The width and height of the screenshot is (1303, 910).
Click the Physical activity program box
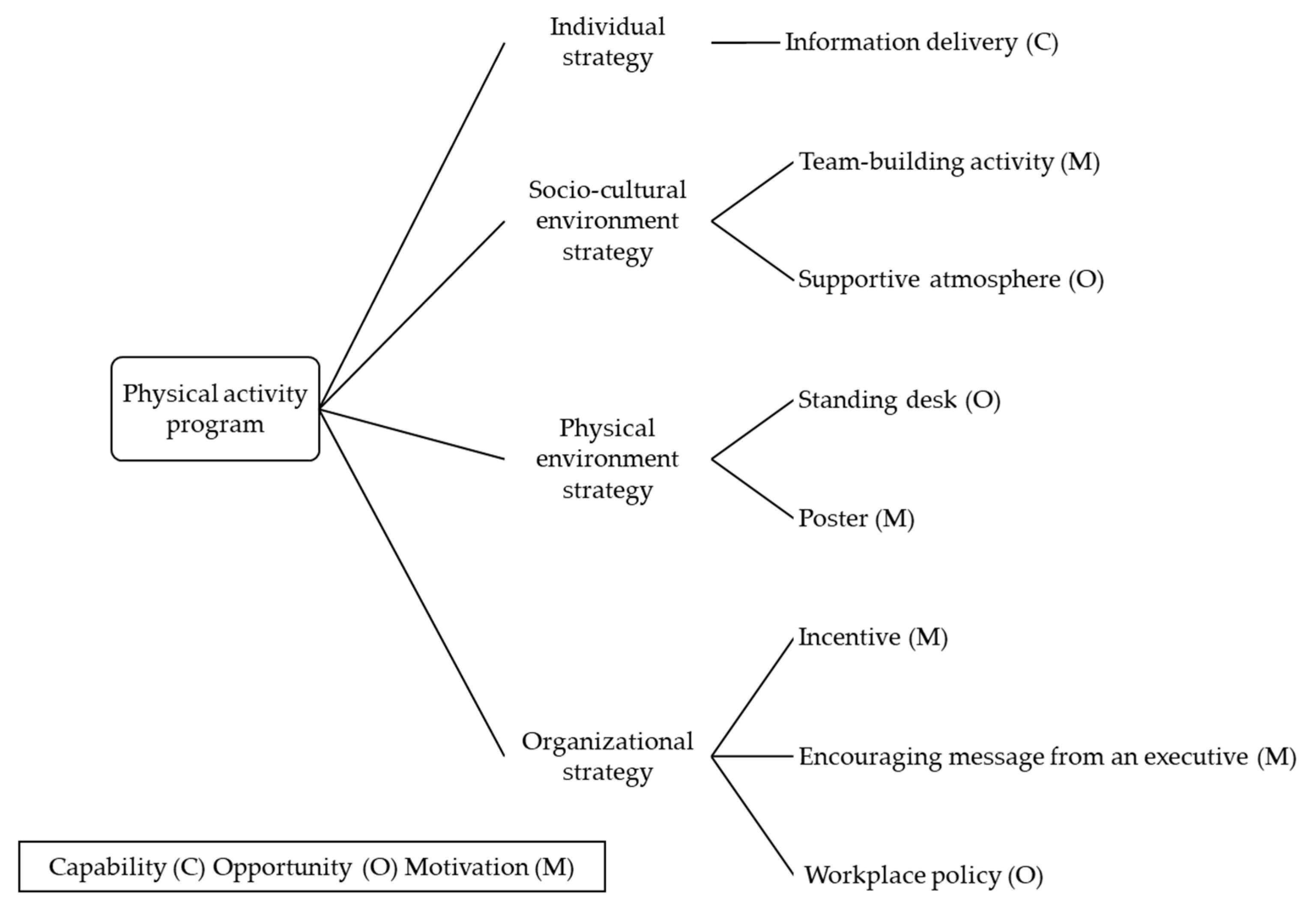pos(215,409)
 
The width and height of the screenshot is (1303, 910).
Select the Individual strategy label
pos(607,42)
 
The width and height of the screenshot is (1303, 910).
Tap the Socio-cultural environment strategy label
pos(607,221)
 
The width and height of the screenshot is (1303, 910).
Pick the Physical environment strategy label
pos(607,459)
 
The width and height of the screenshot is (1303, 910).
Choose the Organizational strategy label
pos(607,756)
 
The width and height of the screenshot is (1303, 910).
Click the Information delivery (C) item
pos(921,42)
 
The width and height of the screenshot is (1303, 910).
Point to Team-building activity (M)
pos(949,162)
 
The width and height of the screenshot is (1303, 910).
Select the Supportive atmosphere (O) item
pos(950,279)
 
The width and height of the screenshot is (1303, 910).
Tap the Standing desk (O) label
pos(899,400)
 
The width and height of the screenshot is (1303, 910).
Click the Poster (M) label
pos(856,518)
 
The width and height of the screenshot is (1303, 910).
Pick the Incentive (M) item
pos(873,638)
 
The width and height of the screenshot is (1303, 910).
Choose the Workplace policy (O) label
pos(923,875)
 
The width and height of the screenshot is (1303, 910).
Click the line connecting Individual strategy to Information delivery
pos(745,42)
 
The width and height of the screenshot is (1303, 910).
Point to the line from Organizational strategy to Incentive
pos(753,697)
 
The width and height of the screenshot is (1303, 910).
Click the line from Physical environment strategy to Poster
pos(753,488)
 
